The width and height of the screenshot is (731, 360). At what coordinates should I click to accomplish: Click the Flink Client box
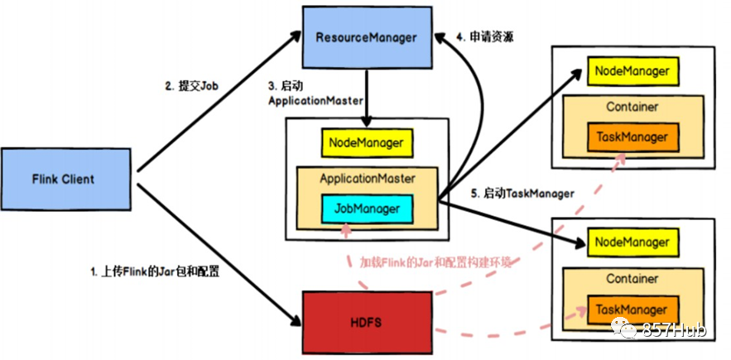tap(65, 179)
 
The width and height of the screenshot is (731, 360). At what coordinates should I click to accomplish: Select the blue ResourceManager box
tap(367, 38)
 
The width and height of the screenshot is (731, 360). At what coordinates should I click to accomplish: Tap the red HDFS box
tap(367, 323)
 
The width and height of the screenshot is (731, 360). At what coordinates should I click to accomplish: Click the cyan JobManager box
tap(367, 209)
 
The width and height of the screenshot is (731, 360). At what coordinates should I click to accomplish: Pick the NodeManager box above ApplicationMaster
tap(367, 143)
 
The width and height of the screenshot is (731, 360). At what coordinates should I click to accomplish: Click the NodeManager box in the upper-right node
tap(632, 71)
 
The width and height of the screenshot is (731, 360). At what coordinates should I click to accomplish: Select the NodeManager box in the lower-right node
tap(632, 242)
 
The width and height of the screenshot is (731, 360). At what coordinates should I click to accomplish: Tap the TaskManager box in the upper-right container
tap(632, 137)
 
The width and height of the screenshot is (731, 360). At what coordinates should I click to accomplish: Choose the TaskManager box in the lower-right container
tap(632, 310)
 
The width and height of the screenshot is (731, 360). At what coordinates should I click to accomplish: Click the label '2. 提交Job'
tap(192, 87)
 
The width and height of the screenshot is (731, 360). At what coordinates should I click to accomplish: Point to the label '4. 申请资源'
tap(485, 37)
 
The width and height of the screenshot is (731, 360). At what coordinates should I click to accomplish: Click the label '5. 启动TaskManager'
tap(522, 193)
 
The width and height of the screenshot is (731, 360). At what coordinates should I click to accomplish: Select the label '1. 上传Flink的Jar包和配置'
tap(155, 272)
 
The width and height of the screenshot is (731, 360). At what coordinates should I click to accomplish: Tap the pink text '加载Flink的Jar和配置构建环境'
tap(435, 262)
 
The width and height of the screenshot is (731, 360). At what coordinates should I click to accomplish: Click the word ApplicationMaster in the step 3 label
tap(315, 101)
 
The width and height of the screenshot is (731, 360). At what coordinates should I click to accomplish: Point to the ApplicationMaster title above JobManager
tap(368, 178)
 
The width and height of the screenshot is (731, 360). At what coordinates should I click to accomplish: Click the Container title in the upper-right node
tap(632, 107)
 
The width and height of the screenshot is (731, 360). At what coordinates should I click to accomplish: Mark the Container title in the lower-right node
tap(632, 279)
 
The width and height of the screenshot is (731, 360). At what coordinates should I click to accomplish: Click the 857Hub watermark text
tap(674, 330)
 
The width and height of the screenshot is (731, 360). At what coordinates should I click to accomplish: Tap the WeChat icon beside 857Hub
tap(624, 329)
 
